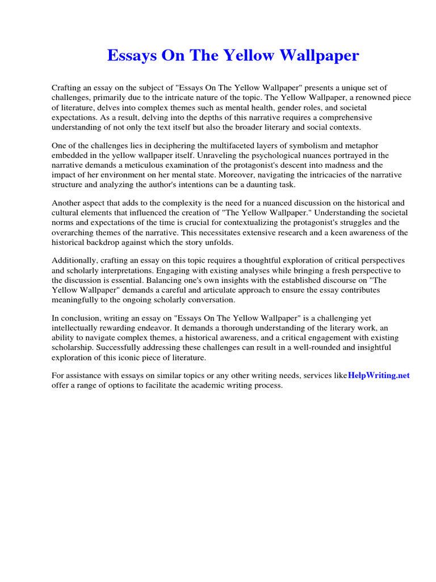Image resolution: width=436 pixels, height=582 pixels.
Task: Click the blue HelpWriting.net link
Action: [x=379, y=375]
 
